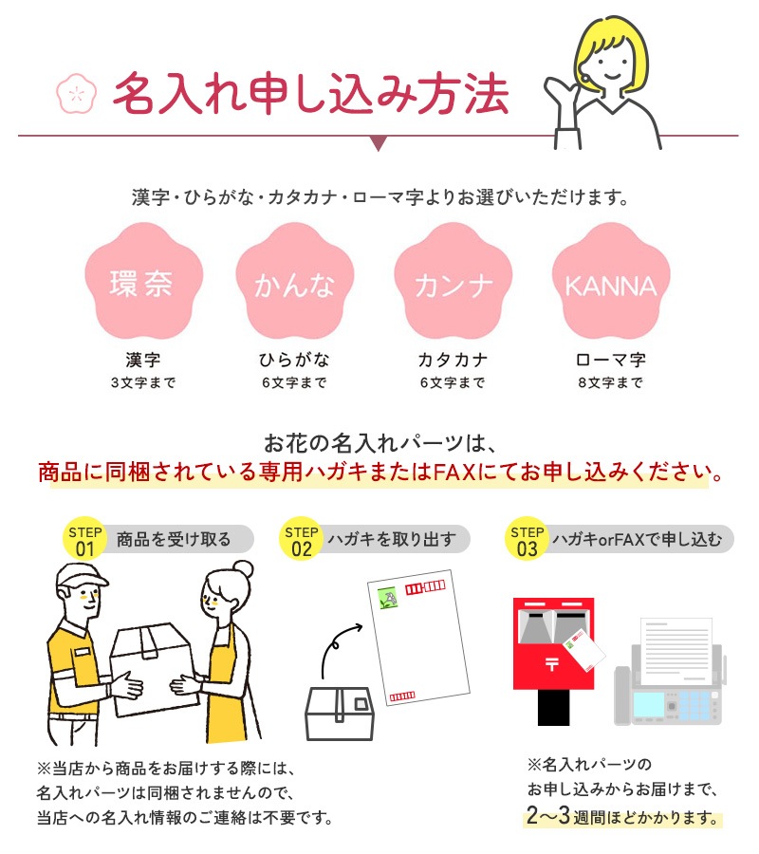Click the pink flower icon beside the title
tap(77, 94)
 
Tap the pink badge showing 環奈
tap(144, 281)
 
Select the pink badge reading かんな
tap(295, 281)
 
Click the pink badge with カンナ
tap(453, 281)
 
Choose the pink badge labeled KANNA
tap(611, 281)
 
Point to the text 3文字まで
tap(143, 383)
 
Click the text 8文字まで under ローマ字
tap(611, 383)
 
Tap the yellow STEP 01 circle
tap(84, 538)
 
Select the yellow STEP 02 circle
tap(301, 538)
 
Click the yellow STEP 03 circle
tap(527, 538)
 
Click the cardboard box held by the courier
tap(153, 670)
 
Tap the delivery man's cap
tap(81, 577)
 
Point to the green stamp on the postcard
tap(388, 598)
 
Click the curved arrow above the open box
tap(337, 645)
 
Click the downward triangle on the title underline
tap(379, 143)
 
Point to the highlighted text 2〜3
tap(548, 815)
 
